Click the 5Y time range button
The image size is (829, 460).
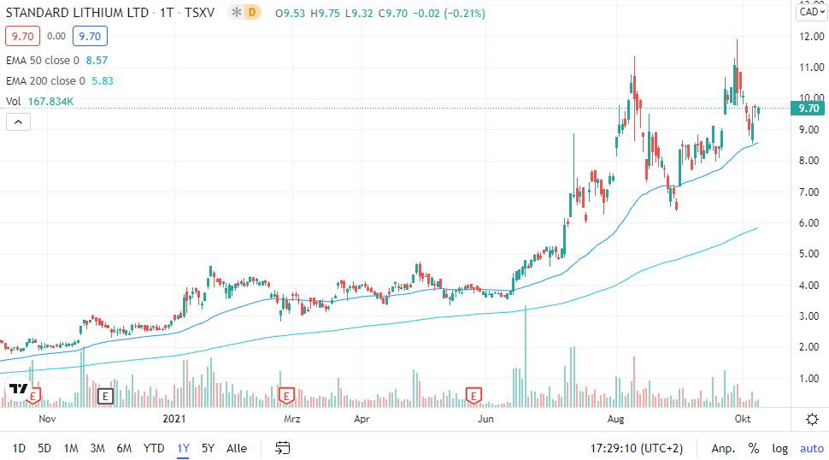point(208,448)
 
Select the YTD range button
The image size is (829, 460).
point(154,448)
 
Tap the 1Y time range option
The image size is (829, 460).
point(183,448)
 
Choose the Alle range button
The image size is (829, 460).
point(237,448)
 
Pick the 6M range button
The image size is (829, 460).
point(124,448)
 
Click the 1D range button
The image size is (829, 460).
point(19,448)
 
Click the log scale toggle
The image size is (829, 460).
point(779,448)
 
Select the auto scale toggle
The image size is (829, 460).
point(811,448)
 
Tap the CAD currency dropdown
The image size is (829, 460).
point(808,12)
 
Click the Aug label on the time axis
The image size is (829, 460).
point(615,420)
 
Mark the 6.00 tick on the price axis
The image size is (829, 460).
point(809,223)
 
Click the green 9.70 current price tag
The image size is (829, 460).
point(808,109)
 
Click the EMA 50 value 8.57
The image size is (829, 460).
point(95,61)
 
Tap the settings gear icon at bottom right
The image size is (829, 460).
point(812,419)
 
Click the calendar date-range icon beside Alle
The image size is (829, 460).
point(283,448)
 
